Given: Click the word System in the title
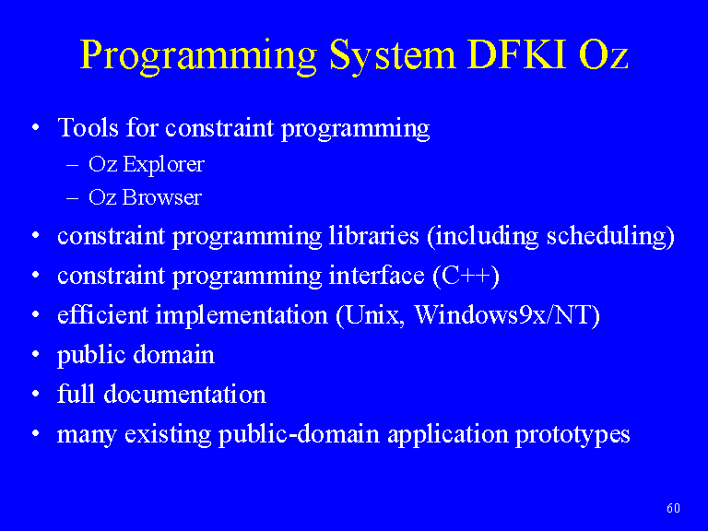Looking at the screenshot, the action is click(x=393, y=55).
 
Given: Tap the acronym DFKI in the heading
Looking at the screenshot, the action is click(x=517, y=54).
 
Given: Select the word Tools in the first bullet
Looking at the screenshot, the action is click(x=88, y=127).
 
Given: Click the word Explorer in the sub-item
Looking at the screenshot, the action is click(x=164, y=164).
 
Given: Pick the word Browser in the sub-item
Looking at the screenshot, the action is click(x=161, y=197).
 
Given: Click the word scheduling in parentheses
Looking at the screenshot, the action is click(x=606, y=237).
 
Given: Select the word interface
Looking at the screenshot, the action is click(x=376, y=275).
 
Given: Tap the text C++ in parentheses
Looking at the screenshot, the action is click(x=466, y=276).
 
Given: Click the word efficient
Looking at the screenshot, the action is click(x=102, y=314).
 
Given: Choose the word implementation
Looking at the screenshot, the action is click(x=242, y=315).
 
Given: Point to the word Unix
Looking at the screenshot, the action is click(x=373, y=314).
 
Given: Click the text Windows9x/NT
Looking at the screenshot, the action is click(x=502, y=314).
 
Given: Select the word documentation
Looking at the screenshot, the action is click(x=184, y=394).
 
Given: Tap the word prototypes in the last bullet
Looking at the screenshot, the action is click(x=572, y=435).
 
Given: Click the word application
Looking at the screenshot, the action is click(x=448, y=435).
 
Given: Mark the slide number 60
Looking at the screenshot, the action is click(x=673, y=509).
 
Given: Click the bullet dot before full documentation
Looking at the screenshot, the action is click(x=36, y=395).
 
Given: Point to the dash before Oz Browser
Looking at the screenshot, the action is click(x=72, y=199).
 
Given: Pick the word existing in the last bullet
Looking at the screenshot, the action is click(x=168, y=435).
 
